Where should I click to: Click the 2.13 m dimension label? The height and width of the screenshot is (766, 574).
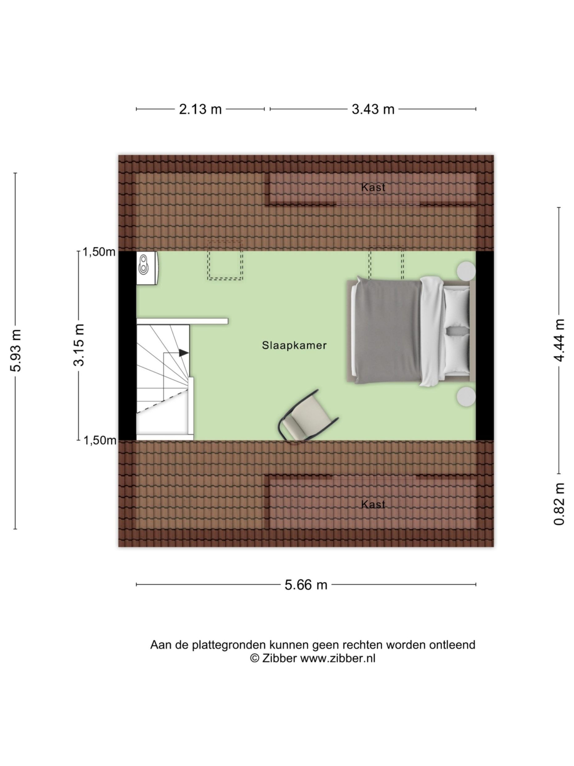point(200,109)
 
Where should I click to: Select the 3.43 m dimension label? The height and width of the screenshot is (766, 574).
point(372,109)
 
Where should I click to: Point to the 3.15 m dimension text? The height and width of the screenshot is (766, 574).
point(79,345)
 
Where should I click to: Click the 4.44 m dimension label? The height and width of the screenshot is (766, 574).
point(559,340)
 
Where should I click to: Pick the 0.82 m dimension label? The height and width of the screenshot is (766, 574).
point(559,504)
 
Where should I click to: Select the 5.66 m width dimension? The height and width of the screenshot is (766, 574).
point(306,585)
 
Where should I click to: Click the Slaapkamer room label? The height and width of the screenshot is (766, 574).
point(294,345)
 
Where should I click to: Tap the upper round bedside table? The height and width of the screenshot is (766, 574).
point(466,271)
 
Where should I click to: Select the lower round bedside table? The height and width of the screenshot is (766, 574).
point(466,397)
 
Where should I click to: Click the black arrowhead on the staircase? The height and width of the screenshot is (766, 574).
point(183,353)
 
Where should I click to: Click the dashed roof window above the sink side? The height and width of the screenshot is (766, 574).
point(225,260)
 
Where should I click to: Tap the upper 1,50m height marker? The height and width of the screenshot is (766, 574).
point(99,252)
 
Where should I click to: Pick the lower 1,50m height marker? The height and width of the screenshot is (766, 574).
point(100,440)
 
